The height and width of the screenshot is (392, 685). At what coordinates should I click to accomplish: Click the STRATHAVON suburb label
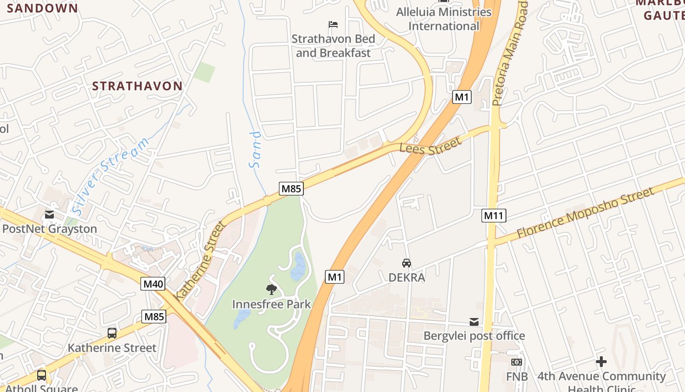137,86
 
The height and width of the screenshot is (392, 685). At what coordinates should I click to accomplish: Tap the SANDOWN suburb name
43,8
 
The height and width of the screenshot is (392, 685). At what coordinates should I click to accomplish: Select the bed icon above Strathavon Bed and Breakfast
333,24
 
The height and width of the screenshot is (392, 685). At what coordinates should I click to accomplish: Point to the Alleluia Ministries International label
444,19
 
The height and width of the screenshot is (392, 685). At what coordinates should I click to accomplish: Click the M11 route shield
494,215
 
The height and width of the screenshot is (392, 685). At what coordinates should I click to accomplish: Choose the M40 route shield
153,284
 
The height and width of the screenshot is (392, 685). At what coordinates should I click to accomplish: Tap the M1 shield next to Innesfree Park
335,277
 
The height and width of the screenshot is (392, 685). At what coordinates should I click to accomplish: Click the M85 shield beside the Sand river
291,189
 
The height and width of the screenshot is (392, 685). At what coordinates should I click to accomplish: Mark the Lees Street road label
430,147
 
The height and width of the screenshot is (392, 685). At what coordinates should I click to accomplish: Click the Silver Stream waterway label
111,176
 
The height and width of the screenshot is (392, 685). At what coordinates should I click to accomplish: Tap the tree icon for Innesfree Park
272,290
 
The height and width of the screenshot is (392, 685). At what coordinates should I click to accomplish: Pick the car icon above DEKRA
407,263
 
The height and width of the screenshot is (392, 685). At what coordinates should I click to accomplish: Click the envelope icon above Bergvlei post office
474,322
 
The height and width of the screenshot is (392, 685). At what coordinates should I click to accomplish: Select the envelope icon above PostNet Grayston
49,215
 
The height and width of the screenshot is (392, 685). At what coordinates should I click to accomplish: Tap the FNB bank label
517,376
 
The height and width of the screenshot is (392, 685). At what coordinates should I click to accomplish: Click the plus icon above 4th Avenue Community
601,362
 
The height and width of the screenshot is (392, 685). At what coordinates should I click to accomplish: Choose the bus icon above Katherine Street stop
112,334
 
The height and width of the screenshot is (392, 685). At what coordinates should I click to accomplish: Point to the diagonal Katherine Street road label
201,260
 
